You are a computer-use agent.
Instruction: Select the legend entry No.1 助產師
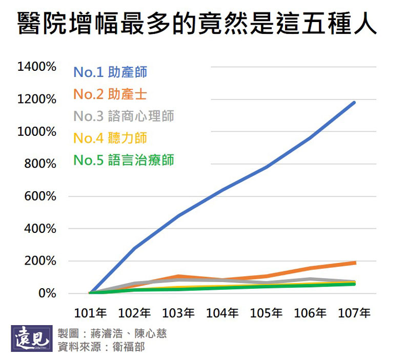(x=110, y=72)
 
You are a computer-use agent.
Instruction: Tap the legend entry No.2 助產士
(x=110, y=94)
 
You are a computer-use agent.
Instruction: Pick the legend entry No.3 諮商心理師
(x=124, y=116)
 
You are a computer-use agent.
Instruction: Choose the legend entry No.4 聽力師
(x=110, y=138)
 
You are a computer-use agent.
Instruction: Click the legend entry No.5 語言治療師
(x=124, y=160)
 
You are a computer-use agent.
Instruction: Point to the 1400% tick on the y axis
(x=36, y=67)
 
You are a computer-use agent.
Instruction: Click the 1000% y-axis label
(x=36, y=132)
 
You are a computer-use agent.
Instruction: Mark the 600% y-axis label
(x=39, y=196)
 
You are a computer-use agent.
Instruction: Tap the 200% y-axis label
(x=39, y=261)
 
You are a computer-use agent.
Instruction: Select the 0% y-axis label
(x=44, y=294)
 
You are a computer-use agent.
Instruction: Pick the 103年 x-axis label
(x=178, y=313)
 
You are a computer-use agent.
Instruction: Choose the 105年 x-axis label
(x=266, y=313)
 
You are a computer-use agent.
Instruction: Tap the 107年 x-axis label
(x=354, y=313)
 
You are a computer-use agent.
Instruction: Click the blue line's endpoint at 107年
(x=354, y=103)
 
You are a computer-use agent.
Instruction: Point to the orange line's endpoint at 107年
(x=354, y=263)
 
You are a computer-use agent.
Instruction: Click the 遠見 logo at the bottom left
(x=32, y=338)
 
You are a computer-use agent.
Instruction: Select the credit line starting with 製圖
(x=112, y=333)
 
